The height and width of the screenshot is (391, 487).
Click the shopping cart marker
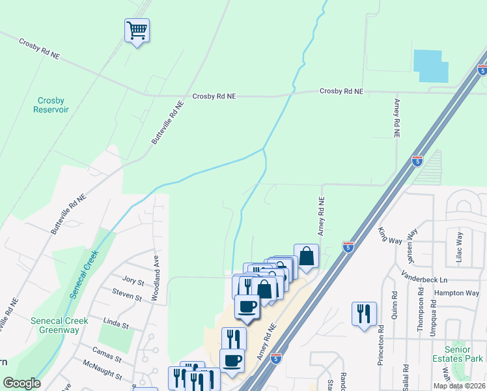pos(137,30)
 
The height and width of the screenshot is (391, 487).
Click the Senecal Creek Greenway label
pos(55,325)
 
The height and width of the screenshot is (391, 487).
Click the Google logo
pos(21,383)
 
